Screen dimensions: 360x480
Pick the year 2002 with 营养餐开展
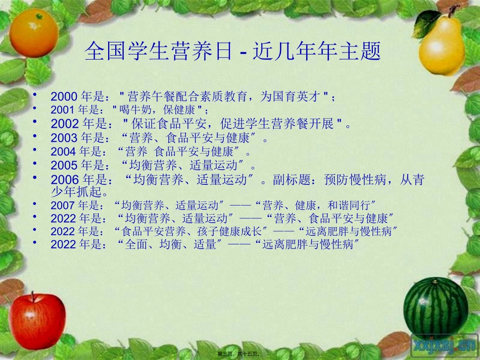tap(65, 124)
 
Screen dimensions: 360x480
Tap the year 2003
tap(64, 137)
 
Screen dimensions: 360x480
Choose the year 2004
tap(63, 151)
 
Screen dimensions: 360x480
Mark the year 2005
tap(64, 165)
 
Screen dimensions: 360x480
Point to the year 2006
tap(65, 179)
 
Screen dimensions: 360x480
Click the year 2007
tap(63, 205)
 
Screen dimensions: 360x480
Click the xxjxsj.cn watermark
tap(444, 344)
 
